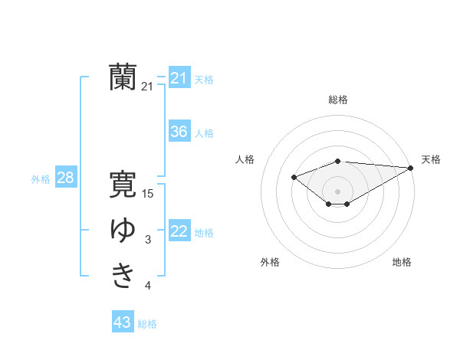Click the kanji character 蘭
[x=123, y=77]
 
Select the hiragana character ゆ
[x=123, y=231]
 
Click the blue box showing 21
[x=179, y=78]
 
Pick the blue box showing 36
[x=179, y=132]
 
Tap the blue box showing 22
[x=179, y=231]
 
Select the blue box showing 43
[x=122, y=322]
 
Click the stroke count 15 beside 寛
[x=148, y=194]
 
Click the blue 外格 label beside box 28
[x=41, y=179]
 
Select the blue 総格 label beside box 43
[x=147, y=324]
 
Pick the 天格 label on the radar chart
[x=431, y=159]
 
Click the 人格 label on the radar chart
[x=245, y=159]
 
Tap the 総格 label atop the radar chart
[x=338, y=100]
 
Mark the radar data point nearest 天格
[x=411, y=168]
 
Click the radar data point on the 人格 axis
[x=294, y=178]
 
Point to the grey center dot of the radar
[x=337, y=191]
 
